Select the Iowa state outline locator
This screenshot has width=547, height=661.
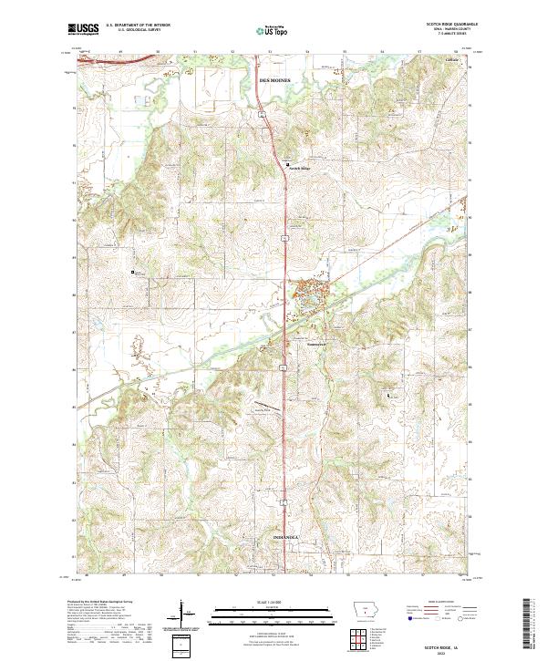point(366,610)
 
